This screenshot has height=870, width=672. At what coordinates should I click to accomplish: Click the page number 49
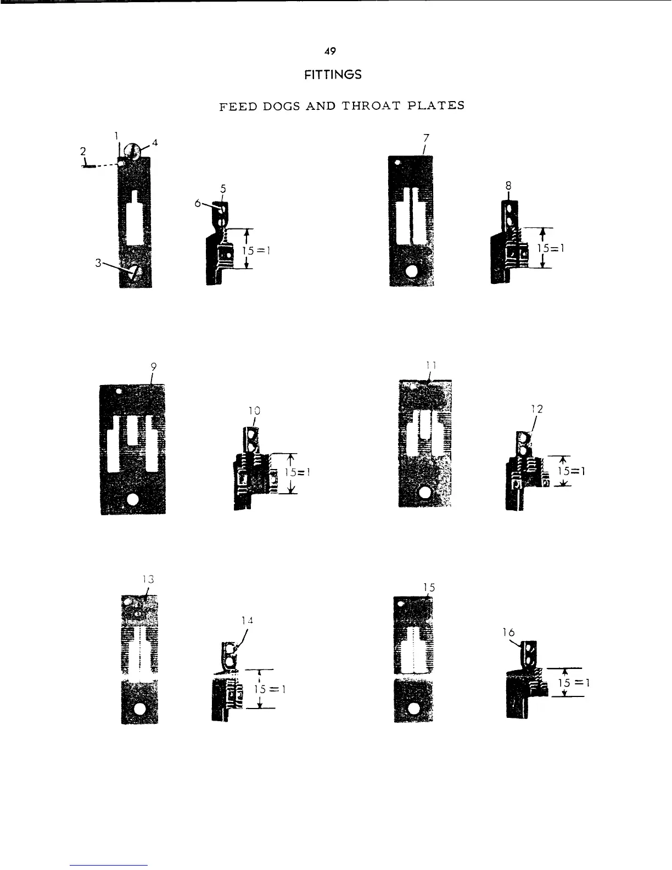pos(329,51)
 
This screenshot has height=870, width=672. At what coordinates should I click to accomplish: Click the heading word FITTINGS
pos(333,74)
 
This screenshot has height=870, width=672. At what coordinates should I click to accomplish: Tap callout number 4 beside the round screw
pos(155,143)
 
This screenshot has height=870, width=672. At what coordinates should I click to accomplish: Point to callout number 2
pos(83,151)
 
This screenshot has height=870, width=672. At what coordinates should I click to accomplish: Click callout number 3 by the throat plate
pos(98,263)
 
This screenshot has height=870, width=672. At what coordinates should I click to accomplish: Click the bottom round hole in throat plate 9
pos(132,499)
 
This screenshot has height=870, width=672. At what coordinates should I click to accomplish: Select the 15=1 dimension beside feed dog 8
pos(551,248)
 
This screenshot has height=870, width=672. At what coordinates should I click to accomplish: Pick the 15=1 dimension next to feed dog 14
pos(268,689)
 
